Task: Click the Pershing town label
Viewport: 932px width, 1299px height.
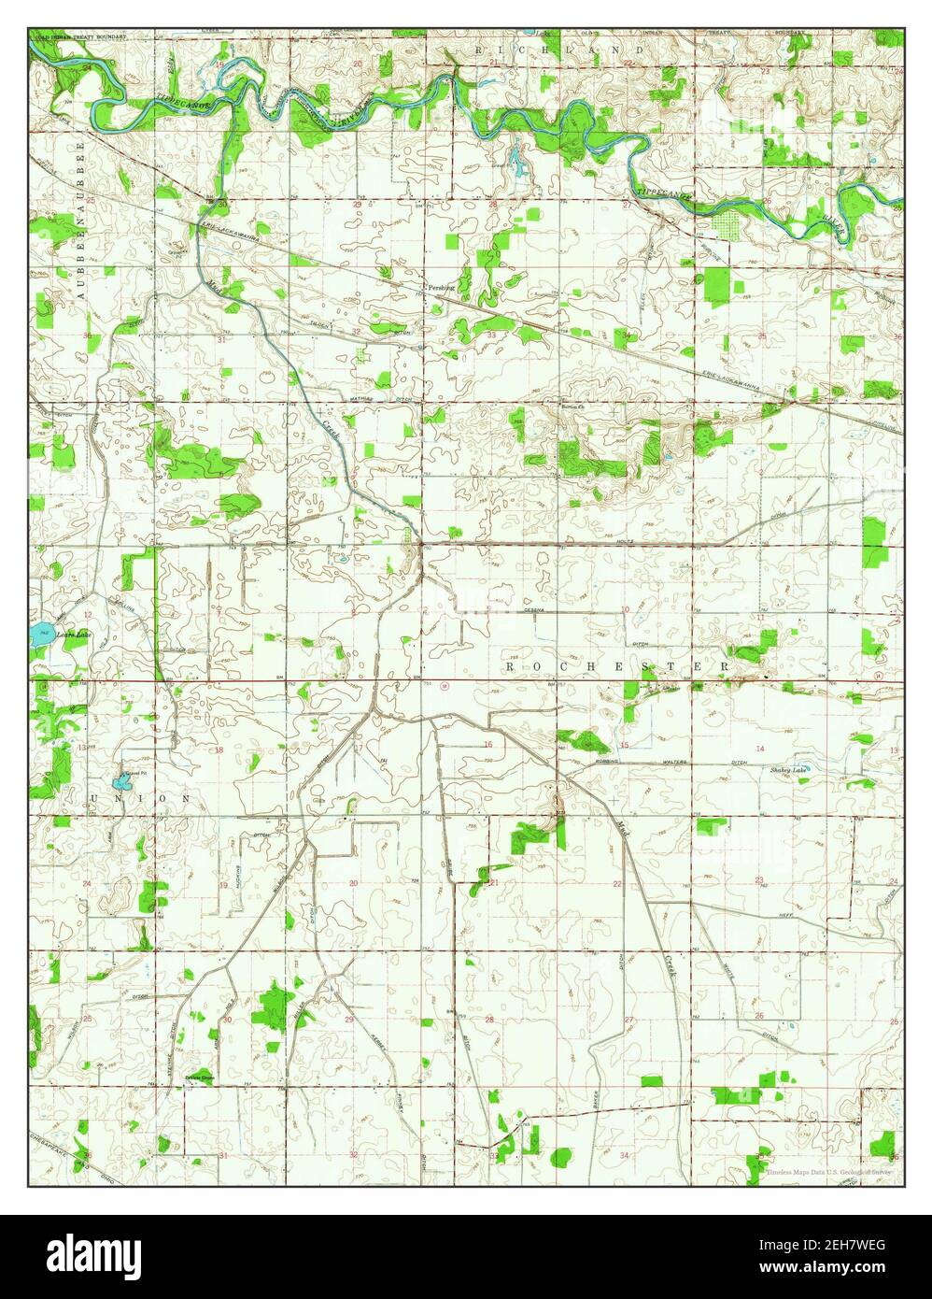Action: pyautogui.click(x=440, y=288)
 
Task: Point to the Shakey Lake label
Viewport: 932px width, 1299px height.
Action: pyautogui.click(x=789, y=769)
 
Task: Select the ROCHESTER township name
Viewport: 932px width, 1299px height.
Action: pyautogui.click(x=617, y=665)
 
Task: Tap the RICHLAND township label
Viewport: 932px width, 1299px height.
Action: pyautogui.click(x=559, y=48)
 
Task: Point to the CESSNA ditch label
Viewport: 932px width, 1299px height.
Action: pyautogui.click(x=534, y=609)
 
